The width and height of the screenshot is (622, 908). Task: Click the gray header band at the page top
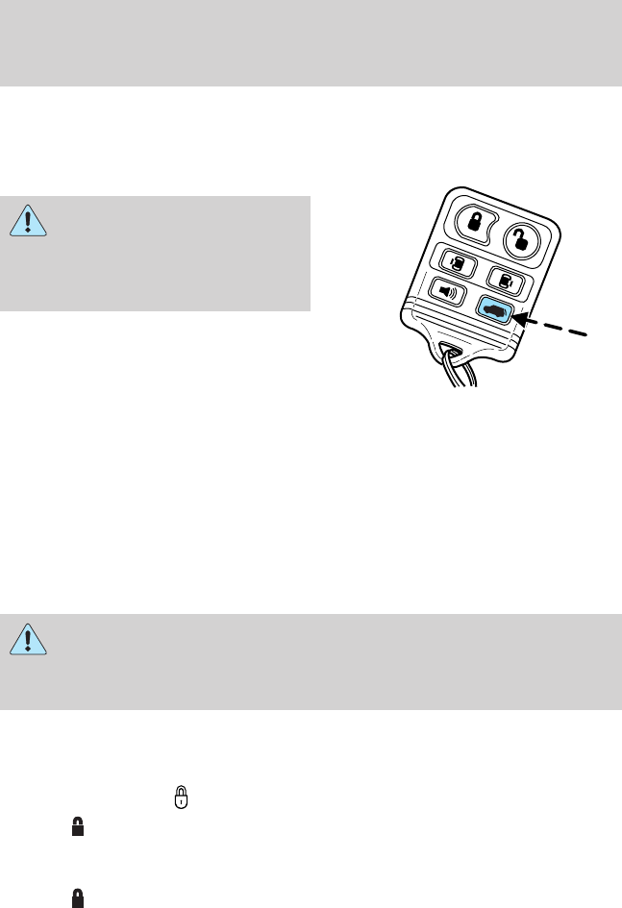[311, 42]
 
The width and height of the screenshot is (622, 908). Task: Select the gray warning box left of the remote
[156, 254]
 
